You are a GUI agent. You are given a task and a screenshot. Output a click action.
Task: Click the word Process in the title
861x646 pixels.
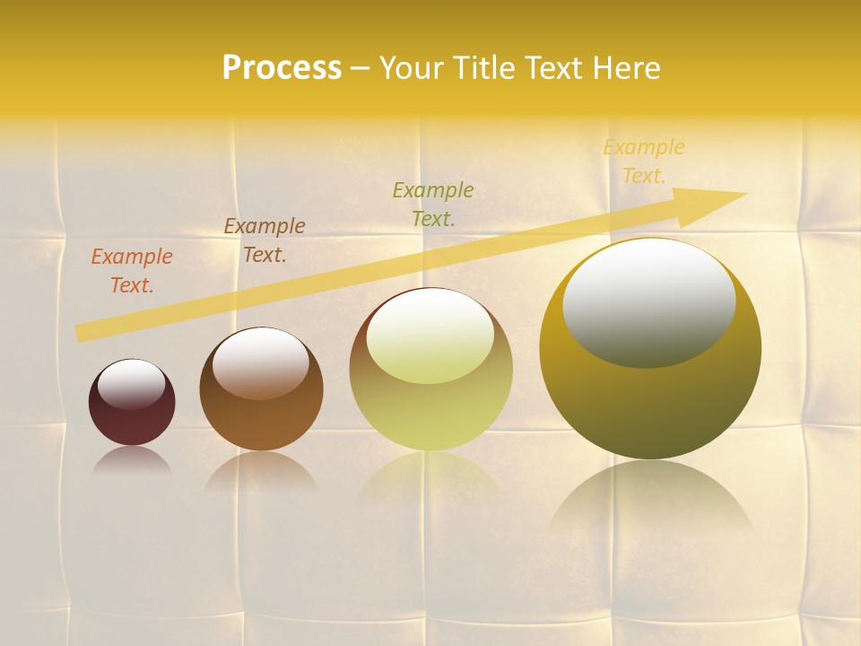pyautogui.click(x=282, y=67)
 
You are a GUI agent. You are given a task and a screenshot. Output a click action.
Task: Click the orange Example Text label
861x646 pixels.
pyautogui.click(x=132, y=271)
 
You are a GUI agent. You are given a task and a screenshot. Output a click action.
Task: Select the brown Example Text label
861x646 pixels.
pyautogui.click(x=265, y=240)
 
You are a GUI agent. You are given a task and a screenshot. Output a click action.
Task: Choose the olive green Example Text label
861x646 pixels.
pyautogui.click(x=433, y=204)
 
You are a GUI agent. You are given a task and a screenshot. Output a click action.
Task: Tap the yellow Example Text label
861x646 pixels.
pyautogui.click(x=644, y=161)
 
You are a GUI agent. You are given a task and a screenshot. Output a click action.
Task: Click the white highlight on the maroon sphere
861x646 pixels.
pyautogui.click(x=132, y=383)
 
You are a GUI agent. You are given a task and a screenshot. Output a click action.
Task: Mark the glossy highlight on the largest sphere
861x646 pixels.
pyautogui.click(x=648, y=302)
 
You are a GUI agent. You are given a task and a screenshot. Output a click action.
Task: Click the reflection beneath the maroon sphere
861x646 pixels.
pyautogui.click(x=132, y=461)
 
